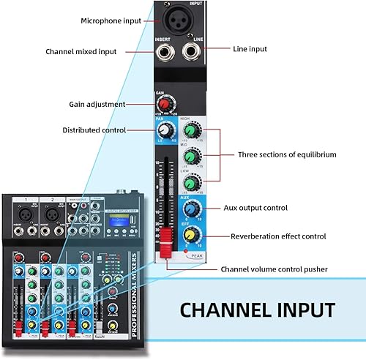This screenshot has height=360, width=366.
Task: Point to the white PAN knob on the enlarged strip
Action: pyautogui.click(x=165, y=130)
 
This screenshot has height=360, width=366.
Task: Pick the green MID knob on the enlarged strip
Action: pyautogui.click(x=191, y=157)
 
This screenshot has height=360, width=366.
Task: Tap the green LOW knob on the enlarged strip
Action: pyautogui.click(x=191, y=183)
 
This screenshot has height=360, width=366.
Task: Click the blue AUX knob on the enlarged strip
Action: pyautogui.click(x=191, y=209)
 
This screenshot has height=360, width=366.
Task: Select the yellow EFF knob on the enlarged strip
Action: pyautogui.click(x=191, y=235)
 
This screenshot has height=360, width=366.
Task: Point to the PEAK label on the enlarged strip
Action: pyautogui.click(x=195, y=256)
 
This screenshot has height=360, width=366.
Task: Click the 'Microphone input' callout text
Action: pyautogui.click(x=111, y=20)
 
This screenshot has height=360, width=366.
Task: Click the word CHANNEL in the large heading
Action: pyautogui.click(x=222, y=308)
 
